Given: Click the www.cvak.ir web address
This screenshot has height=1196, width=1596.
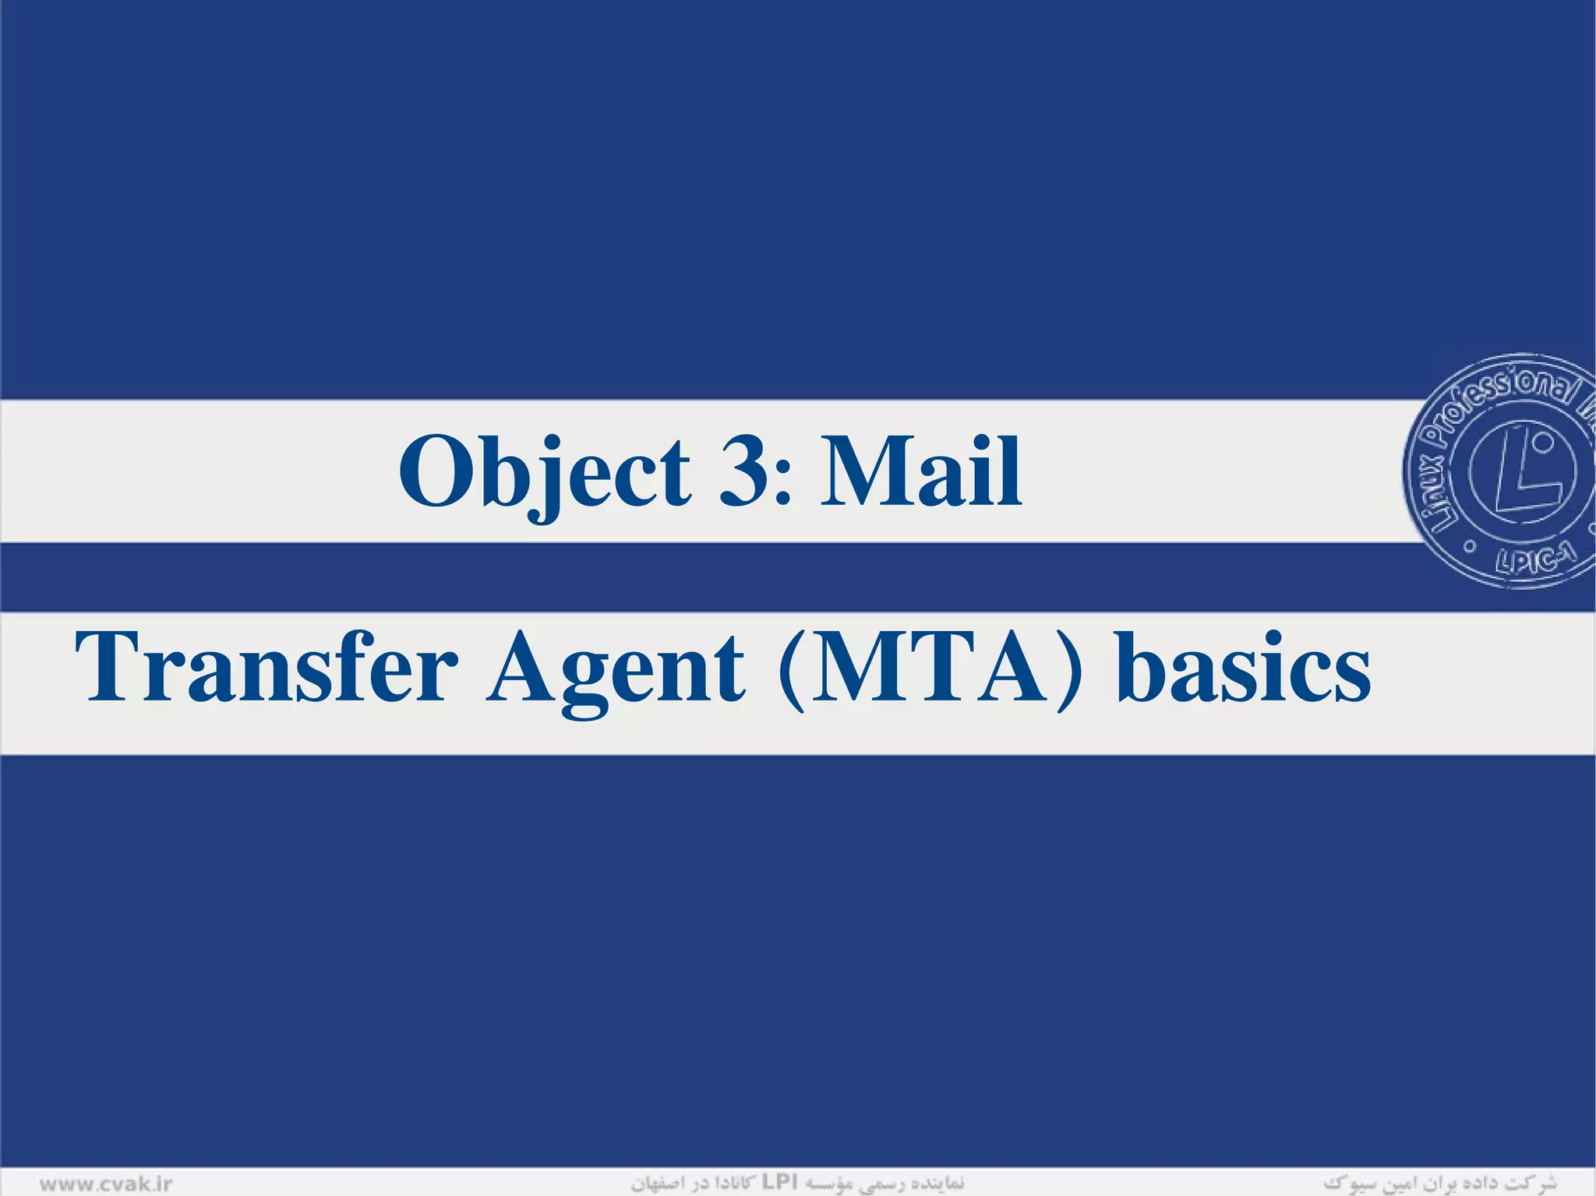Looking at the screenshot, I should point(106,1184).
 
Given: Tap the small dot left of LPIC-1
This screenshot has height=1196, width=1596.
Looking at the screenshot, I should point(1468,547).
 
